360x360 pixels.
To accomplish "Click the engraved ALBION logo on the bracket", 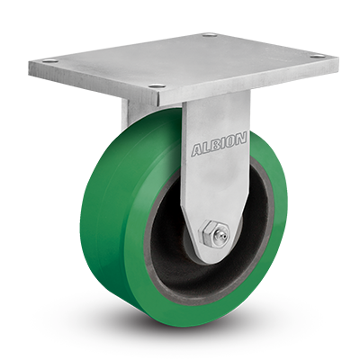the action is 220,145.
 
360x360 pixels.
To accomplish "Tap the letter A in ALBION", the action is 197,150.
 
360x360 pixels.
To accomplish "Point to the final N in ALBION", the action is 241,139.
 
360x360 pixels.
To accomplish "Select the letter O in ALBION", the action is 233,141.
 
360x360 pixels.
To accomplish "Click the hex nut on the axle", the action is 207,232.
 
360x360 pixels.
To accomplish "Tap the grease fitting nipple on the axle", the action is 222,234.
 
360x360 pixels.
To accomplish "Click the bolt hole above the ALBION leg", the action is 157,86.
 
